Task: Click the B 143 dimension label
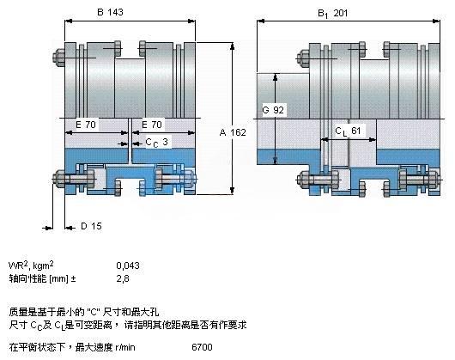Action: click(110, 12)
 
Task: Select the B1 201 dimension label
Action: click(332, 14)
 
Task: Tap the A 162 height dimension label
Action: click(233, 132)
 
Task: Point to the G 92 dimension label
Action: click(273, 110)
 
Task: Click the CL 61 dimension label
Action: click(348, 131)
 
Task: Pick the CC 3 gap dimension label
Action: click(157, 143)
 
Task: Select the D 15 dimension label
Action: click(91, 226)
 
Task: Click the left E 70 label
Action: click(86, 125)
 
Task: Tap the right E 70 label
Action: click(152, 125)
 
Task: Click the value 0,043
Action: click(128, 265)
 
